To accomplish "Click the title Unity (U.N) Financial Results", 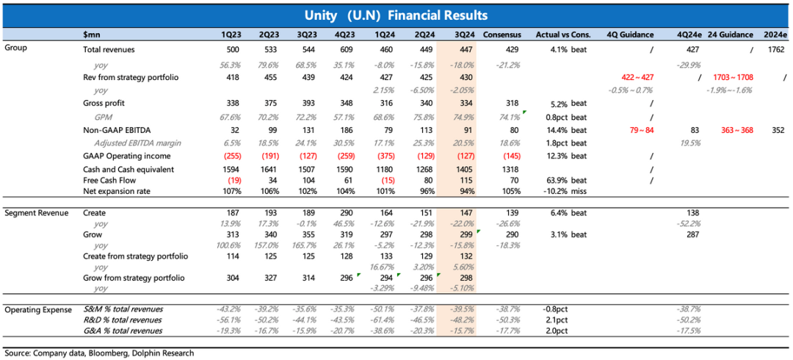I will click(396, 15).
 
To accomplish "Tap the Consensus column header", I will click(502, 35).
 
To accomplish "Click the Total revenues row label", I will click(109, 49).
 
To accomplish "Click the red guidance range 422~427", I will click(637, 77).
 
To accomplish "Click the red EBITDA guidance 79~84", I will click(637, 130).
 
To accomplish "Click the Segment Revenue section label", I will click(37, 213).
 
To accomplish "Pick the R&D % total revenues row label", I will click(123, 320).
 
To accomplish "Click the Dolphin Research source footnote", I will click(99, 353).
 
